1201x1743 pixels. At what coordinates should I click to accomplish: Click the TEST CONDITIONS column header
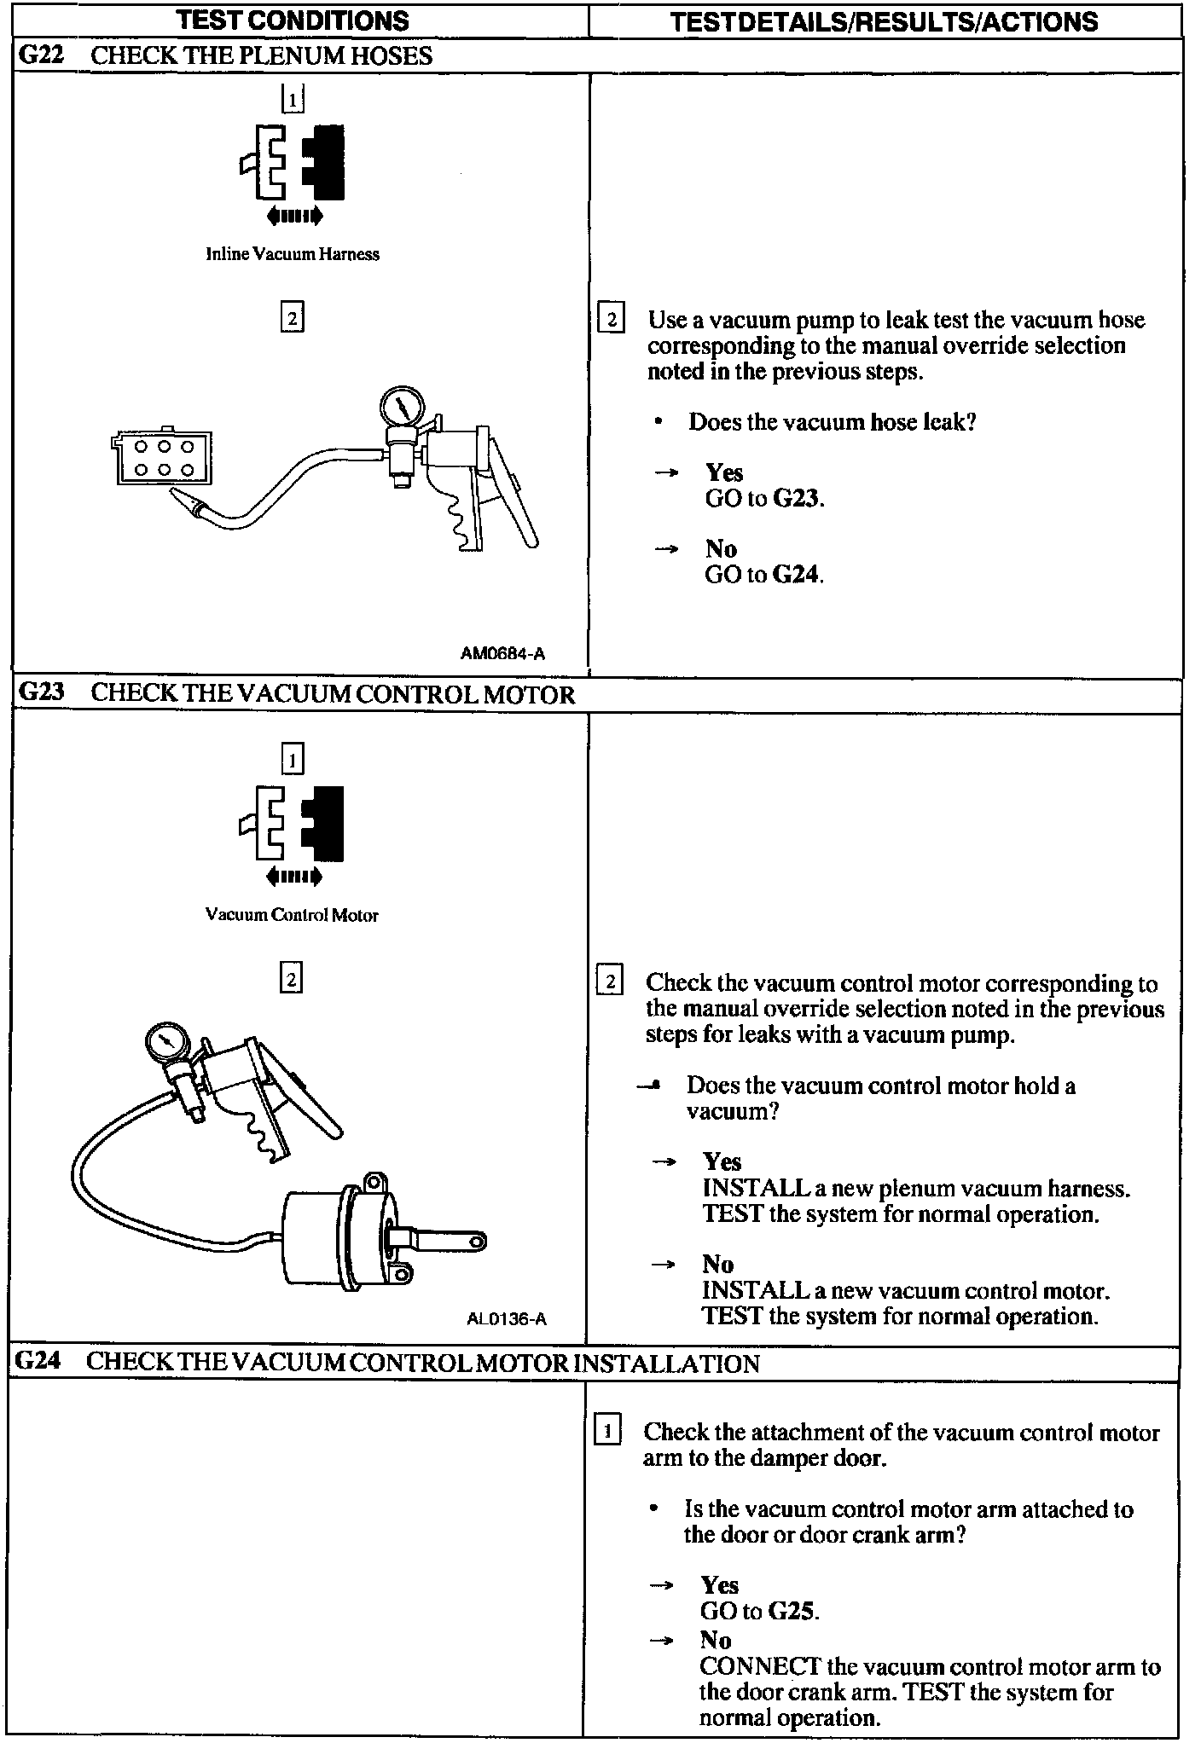pyautogui.click(x=292, y=20)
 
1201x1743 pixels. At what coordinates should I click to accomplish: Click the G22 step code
pyautogui.click(x=41, y=56)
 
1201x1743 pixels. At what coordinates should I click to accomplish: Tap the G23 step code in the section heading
pyautogui.click(x=42, y=692)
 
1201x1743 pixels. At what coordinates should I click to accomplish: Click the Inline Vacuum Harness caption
pyautogui.click(x=293, y=254)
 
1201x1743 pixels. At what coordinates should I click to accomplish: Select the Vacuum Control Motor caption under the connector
pyautogui.click(x=292, y=915)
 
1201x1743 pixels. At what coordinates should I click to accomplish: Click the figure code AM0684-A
pyautogui.click(x=502, y=654)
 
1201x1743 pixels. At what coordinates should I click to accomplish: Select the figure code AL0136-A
pyautogui.click(x=507, y=1319)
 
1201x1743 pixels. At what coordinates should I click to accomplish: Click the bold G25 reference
pyautogui.click(x=792, y=1611)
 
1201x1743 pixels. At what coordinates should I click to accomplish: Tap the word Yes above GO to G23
pyautogui.click(x=724, y=472)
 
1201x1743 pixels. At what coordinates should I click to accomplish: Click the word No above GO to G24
pyautogui.click(x=721, y=548)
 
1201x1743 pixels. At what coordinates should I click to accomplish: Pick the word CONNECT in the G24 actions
pyautogui.click(x=760, y=1666)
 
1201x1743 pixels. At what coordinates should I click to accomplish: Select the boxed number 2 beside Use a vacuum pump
pyautogui.click(x=611, y=321)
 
